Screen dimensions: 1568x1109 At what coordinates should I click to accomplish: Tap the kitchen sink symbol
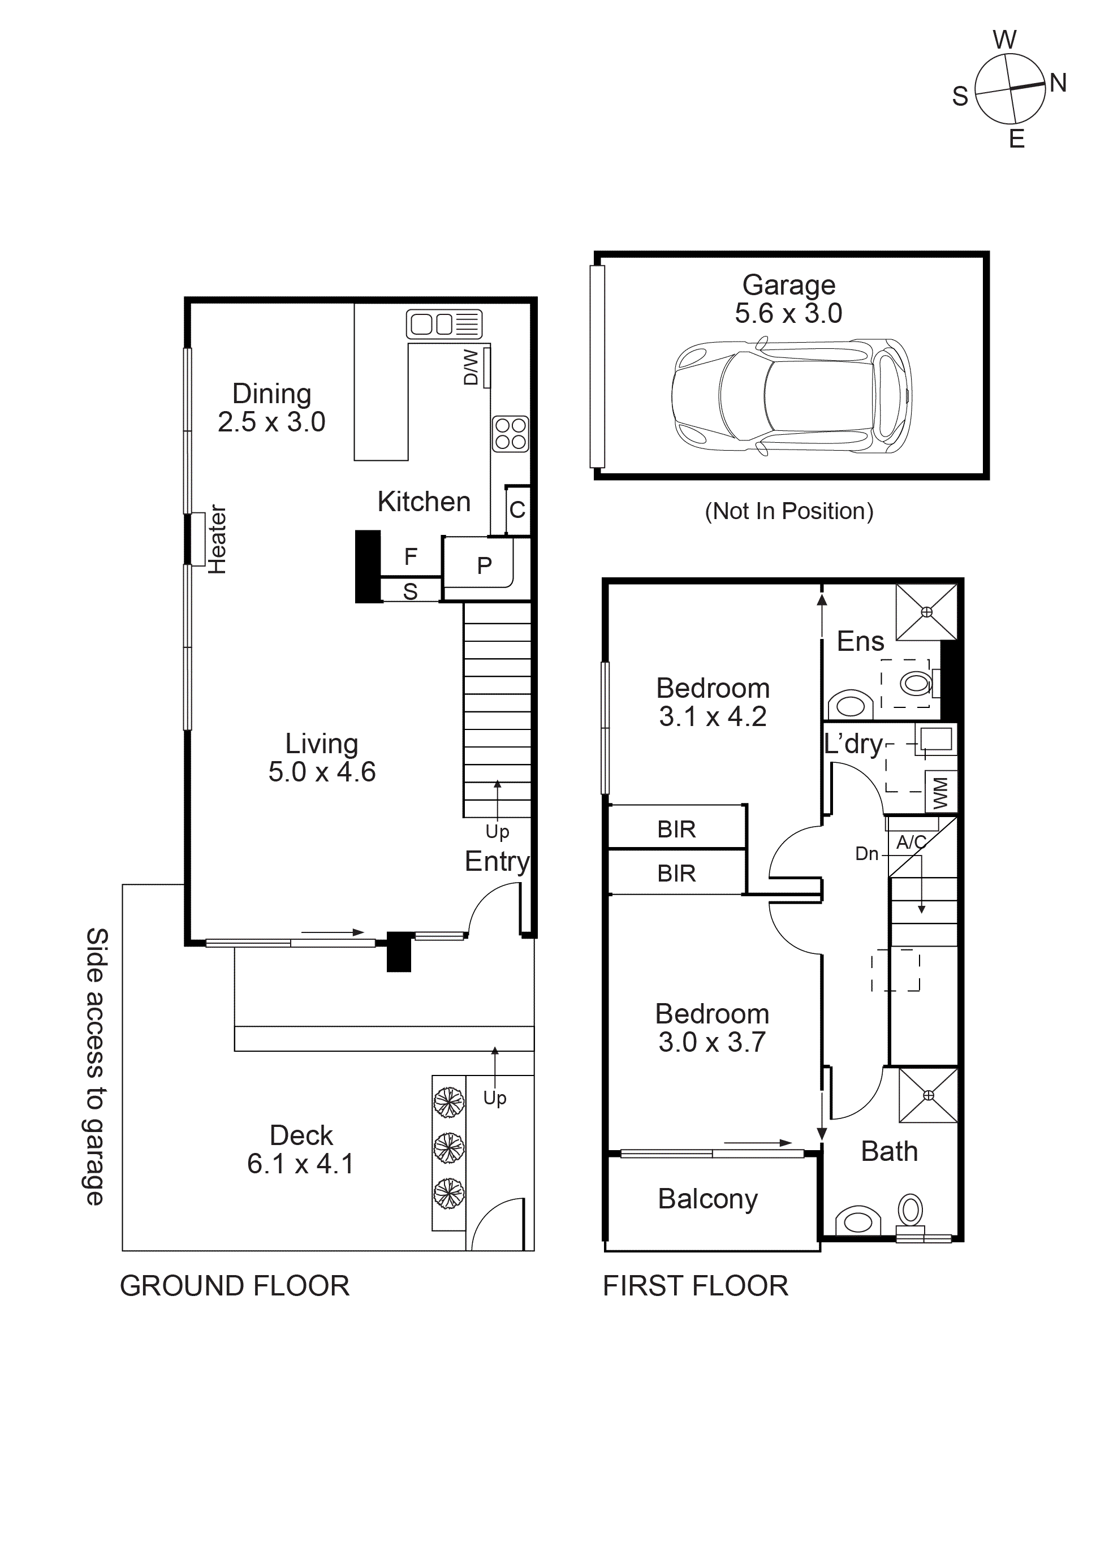[x=444, y=323]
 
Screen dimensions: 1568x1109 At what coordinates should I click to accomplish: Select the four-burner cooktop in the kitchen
[x=510, y=434]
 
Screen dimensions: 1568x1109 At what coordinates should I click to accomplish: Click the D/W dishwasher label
[x=471, y=368]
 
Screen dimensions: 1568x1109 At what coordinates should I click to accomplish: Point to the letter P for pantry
[x=484, y=565]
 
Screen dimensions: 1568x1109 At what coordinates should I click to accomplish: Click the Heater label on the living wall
[x=217, y=539]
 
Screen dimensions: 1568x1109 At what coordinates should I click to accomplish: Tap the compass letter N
[x=1058, y=83]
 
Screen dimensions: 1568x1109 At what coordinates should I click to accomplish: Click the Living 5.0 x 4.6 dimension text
[x=322, y=772]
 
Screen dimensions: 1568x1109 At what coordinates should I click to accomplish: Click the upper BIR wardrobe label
[x=676, y=829]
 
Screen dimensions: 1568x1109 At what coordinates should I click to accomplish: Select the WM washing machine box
[x=940, y=792]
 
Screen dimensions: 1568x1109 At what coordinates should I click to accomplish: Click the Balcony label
[x=707, y=1199]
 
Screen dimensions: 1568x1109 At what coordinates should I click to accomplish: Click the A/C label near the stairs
[x=911, y=842]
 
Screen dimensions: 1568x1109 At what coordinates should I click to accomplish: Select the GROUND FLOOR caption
[x=234, y=1286]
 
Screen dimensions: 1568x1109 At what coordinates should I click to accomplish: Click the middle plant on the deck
[x=448, y=1147]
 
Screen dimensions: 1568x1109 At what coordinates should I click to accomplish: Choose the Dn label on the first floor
[x=866, y=854]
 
